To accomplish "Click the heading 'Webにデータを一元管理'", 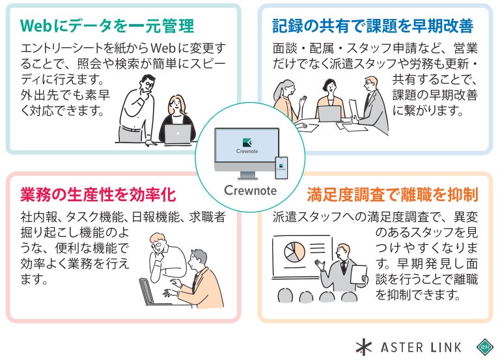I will (107, 26).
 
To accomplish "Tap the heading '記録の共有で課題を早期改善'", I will (372, 26).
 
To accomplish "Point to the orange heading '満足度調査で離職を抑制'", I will (392, 195).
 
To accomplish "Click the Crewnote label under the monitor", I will (250, 191).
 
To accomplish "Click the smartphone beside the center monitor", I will (281, 168).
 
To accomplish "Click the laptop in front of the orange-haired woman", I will (177, 134).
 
